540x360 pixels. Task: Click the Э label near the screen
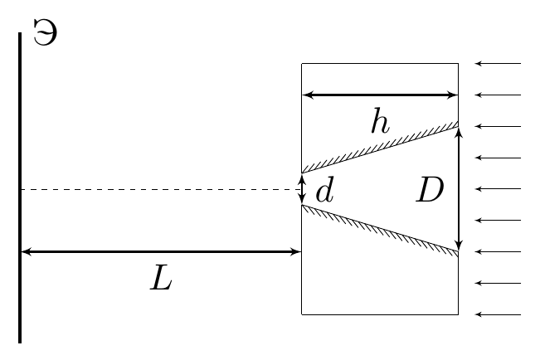click(x=45, y=32)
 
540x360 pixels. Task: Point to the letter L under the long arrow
click(x=161, y=277)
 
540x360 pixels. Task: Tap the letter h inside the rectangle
click(x=381, y=120)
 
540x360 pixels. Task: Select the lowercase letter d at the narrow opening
click(x=325, y=191)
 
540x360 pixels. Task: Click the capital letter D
click(x=430, y=191)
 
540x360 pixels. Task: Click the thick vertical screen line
click(x=20, y=187)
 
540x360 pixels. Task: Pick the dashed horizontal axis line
click(x=161, y=189)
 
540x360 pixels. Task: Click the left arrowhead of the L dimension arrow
click(x=27, y=252)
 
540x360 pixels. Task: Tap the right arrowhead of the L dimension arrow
click(x=296, y=252)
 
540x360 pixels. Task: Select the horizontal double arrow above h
click(x=380, y=95)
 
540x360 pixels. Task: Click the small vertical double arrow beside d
click(x=302, y=189)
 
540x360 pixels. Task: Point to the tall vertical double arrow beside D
click(x=459, y=189)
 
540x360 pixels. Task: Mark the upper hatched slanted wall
click(x=380, y=147)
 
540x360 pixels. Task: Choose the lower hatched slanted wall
click(x=380, y=231)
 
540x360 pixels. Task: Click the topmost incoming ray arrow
click(x=498, y=63)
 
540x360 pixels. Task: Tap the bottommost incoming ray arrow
click(x=498, y=314)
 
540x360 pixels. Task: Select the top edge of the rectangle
click(x=380, y=63)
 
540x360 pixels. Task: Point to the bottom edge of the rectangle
click(x=380, y=314)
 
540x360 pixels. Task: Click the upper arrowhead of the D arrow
click(x=459, y=132)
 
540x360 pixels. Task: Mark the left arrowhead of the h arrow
click(x=308, y=95)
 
